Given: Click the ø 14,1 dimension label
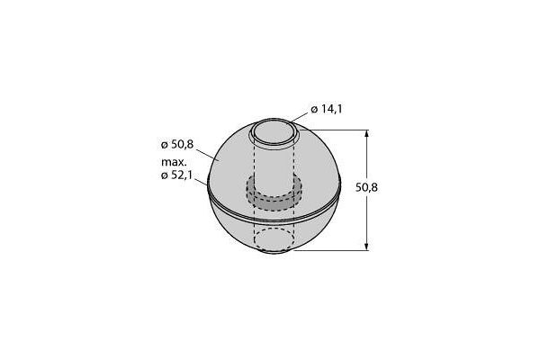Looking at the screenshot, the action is coord(327,109).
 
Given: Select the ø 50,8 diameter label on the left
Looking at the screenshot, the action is coord(177,145).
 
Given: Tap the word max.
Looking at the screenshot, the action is coord(174,162).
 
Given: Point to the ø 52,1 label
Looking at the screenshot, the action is coord(176,175).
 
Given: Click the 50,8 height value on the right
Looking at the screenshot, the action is coord(366,188).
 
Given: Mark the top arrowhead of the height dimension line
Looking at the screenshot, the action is coord(366,134).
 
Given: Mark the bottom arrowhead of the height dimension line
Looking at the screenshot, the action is coord(366,246).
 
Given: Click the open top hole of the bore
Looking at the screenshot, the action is coord(274,132).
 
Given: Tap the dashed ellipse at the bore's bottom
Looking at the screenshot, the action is coord(274,238).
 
